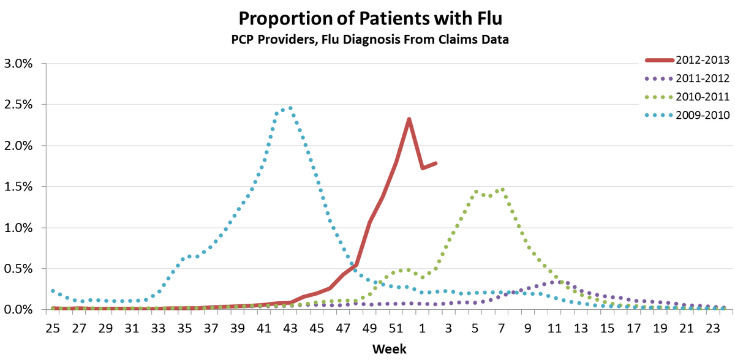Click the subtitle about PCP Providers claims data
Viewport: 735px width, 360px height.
point(367,39)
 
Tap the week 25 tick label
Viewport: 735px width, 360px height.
point(53,328)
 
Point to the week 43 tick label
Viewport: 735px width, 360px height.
point(290,328)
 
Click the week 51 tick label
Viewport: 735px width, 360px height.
point(396,328)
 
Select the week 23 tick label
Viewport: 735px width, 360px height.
point(712,328)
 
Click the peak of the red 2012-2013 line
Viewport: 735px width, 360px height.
point(409,119)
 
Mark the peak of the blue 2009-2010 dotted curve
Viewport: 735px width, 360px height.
point(290,108)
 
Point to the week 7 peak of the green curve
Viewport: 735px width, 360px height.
point(502,189)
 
